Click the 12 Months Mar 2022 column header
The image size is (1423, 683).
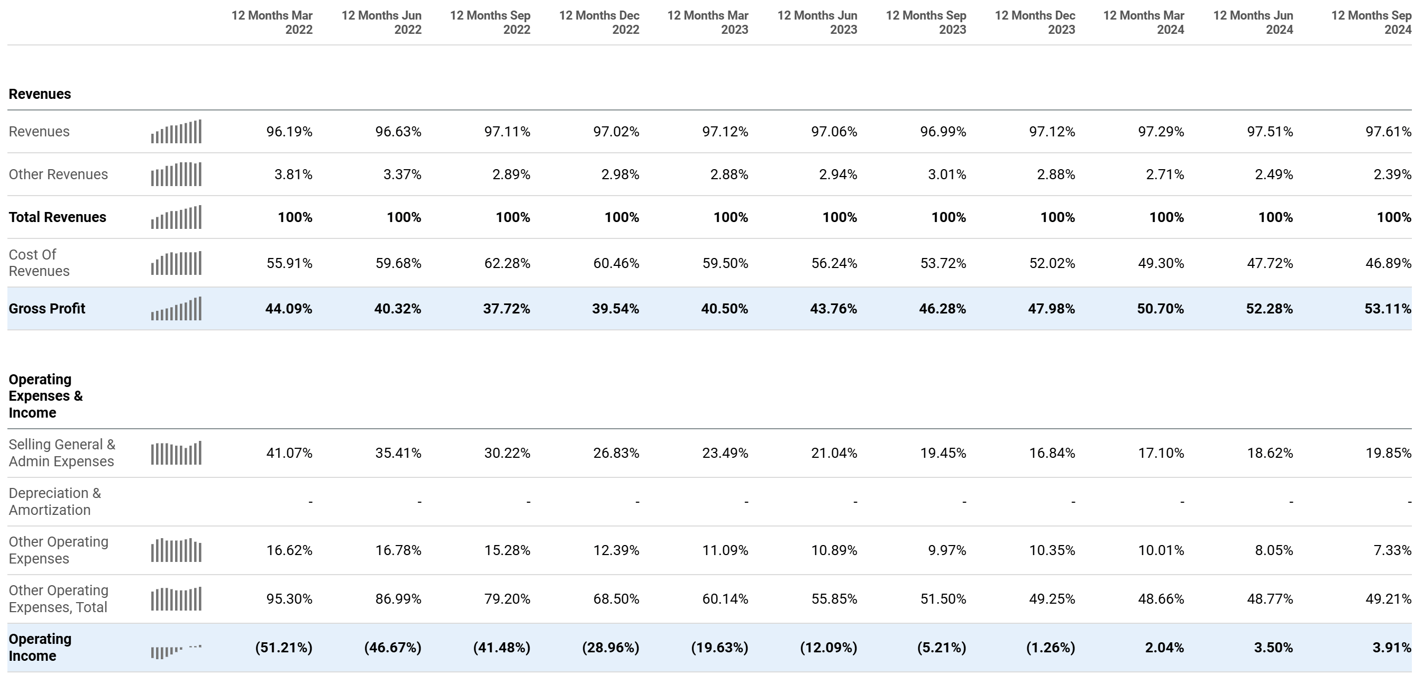[x=272, y=23]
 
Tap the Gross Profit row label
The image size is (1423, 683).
[x=47, y=309]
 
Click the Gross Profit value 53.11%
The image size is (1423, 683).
[x=1387, y=309]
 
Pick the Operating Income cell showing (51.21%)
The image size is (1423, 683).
[x=284, y=648]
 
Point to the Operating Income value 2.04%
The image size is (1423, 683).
[x=1164, y=648]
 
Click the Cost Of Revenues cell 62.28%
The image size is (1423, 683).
[x=507, y=263]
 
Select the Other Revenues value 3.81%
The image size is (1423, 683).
[x=293, y=174]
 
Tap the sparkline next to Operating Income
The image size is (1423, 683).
[x=176, y=650]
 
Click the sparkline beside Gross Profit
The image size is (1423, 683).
[x=176, y=309]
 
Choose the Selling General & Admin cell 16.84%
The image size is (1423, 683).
[x=1052, y=454]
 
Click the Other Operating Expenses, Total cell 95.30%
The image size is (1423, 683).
[x=289, y=599]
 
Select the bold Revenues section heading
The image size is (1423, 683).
[x=40, y=94]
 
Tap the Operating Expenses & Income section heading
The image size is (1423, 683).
[x=45, y=396]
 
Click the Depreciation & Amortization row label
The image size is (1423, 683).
[x=54, y=501]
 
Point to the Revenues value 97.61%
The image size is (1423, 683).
[x=1388, y=132]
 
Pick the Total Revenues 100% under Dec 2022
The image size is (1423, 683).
[x=622, y=218]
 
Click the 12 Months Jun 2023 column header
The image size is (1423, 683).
[x=817, y=23]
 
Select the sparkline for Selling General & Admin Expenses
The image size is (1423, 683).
[x=176, y=454]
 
